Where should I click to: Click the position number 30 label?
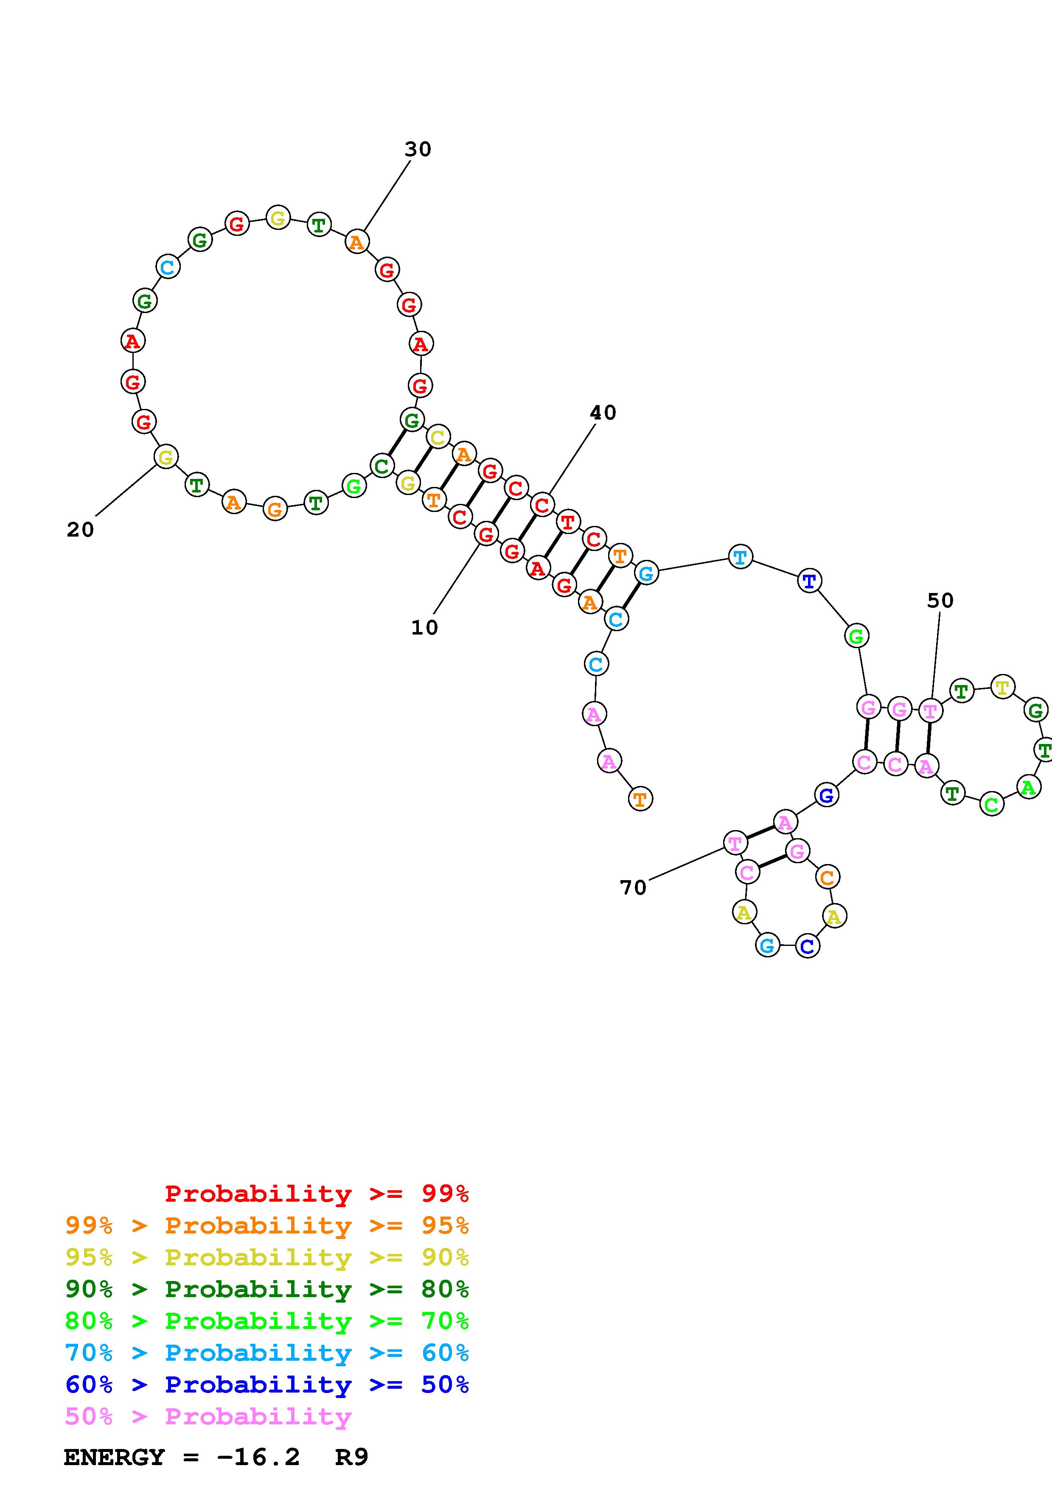coord(418,150)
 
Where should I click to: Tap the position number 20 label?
coord(80,530)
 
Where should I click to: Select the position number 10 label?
coord(424,627)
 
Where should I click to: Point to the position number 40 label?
coord(603,413)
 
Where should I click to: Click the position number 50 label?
coord(940,601)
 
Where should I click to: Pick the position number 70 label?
coord(633,887)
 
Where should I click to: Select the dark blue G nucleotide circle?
coord(826,794)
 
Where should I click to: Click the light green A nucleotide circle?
coord(1028,787)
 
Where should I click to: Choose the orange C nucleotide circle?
coord(827,878)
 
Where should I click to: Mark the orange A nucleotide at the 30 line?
coord(356,242)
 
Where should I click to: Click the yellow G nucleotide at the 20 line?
coord(166,457)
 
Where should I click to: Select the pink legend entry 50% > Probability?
coord(208,1417)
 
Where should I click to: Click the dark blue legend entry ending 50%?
coord(267,1385)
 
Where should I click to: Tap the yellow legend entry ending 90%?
coord(267,1257)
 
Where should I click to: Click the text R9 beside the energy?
coord(351,1457)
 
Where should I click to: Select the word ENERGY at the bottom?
coord(114,1457)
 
